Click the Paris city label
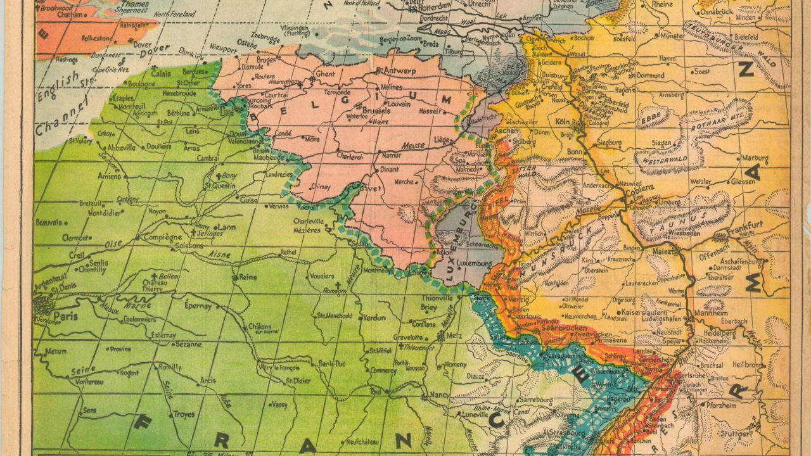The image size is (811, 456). (65, 315)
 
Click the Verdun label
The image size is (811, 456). (375, 318)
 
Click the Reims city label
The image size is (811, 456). (248, 277)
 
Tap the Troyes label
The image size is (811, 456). (184, 414)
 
